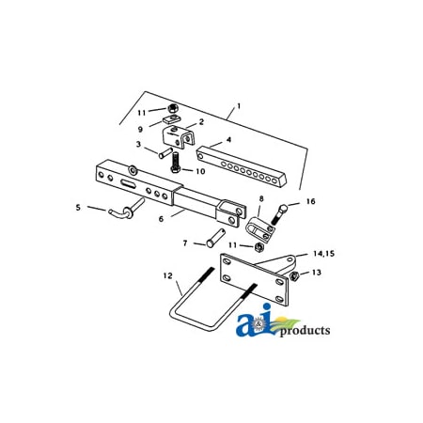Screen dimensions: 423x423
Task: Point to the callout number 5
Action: point(79,207)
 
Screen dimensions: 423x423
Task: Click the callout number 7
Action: point(185,243)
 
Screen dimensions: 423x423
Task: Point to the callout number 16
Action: point(310,200)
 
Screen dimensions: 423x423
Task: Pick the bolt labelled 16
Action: point(279,215)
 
